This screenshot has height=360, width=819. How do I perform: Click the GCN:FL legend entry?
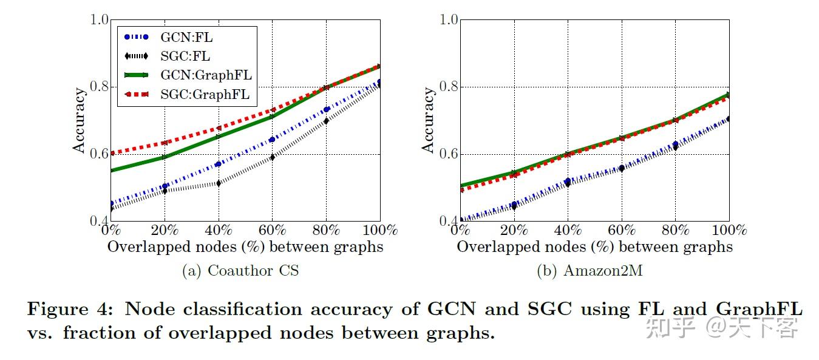(185, 37)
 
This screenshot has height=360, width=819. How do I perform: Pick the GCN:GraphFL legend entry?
(206, 75)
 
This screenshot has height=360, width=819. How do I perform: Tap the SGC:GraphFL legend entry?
(205, 95)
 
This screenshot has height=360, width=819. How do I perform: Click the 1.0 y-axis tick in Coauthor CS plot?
(99, 20)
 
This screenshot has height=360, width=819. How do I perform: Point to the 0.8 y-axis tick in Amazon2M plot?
(448, 87)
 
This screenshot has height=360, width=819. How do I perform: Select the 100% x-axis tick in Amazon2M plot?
(729, 231)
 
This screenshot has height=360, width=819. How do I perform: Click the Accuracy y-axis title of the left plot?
(80, 120)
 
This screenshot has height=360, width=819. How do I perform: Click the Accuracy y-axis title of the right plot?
(429, 120)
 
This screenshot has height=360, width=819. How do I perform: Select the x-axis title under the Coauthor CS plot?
(245, 246)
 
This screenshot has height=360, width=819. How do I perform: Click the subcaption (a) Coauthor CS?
(240, 271)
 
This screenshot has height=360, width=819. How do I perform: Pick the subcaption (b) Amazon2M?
(590, 271)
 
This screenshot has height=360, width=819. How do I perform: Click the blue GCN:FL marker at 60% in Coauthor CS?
(272, 139)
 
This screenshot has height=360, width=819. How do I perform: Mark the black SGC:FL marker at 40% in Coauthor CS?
(218, 183)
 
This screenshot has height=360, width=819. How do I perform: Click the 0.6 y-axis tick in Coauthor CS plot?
(99, 154)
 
